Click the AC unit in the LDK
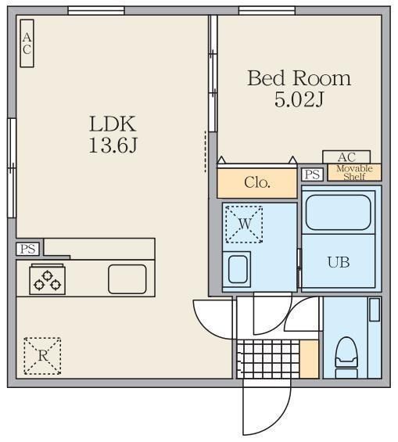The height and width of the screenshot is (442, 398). (27, 43)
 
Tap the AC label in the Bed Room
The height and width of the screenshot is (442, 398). (346, 157)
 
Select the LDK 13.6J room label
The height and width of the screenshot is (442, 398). (113, 135)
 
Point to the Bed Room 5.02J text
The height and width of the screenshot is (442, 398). (299, 89)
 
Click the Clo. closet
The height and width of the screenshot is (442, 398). (257, 182)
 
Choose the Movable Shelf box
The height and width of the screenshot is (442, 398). (354, 172)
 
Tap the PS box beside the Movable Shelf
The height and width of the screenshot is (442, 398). (312, 174)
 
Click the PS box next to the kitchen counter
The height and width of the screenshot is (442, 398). (27, 250)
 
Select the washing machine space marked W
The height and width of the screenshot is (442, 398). (244, 225)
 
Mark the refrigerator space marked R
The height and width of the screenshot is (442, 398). (42, 356)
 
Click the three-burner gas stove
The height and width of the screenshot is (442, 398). (48, 280)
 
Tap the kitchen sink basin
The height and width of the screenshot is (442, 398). (127, 279)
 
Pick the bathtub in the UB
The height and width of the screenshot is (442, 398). (338, 213)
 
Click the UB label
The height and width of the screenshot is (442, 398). (339, 262)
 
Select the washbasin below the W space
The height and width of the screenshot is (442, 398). (238, 269)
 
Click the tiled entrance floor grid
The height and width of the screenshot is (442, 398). (268, 359)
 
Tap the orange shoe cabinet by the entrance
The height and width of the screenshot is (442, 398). (309, 359)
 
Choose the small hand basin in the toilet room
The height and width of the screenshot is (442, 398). (375, 310)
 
